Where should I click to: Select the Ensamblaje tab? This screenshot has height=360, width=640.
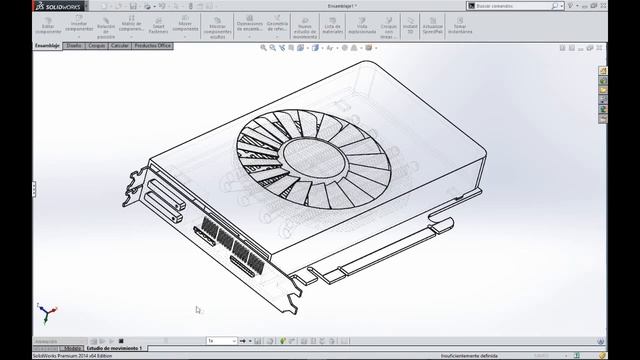(x=48, y=46)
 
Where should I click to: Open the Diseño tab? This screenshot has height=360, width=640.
(x=75, y=46)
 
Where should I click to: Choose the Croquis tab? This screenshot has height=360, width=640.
(x=97, y=46)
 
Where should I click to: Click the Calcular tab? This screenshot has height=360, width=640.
(x=120, y=46)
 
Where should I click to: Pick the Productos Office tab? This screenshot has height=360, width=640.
(x=153, y=46)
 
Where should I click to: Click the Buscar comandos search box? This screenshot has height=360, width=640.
(x=529, y=6)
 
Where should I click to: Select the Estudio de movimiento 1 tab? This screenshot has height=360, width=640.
(x=115, y=348)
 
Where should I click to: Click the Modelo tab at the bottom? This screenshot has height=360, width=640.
(x=73, y=348)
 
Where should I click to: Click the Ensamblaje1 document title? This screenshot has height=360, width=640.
(x=342, y=6)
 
